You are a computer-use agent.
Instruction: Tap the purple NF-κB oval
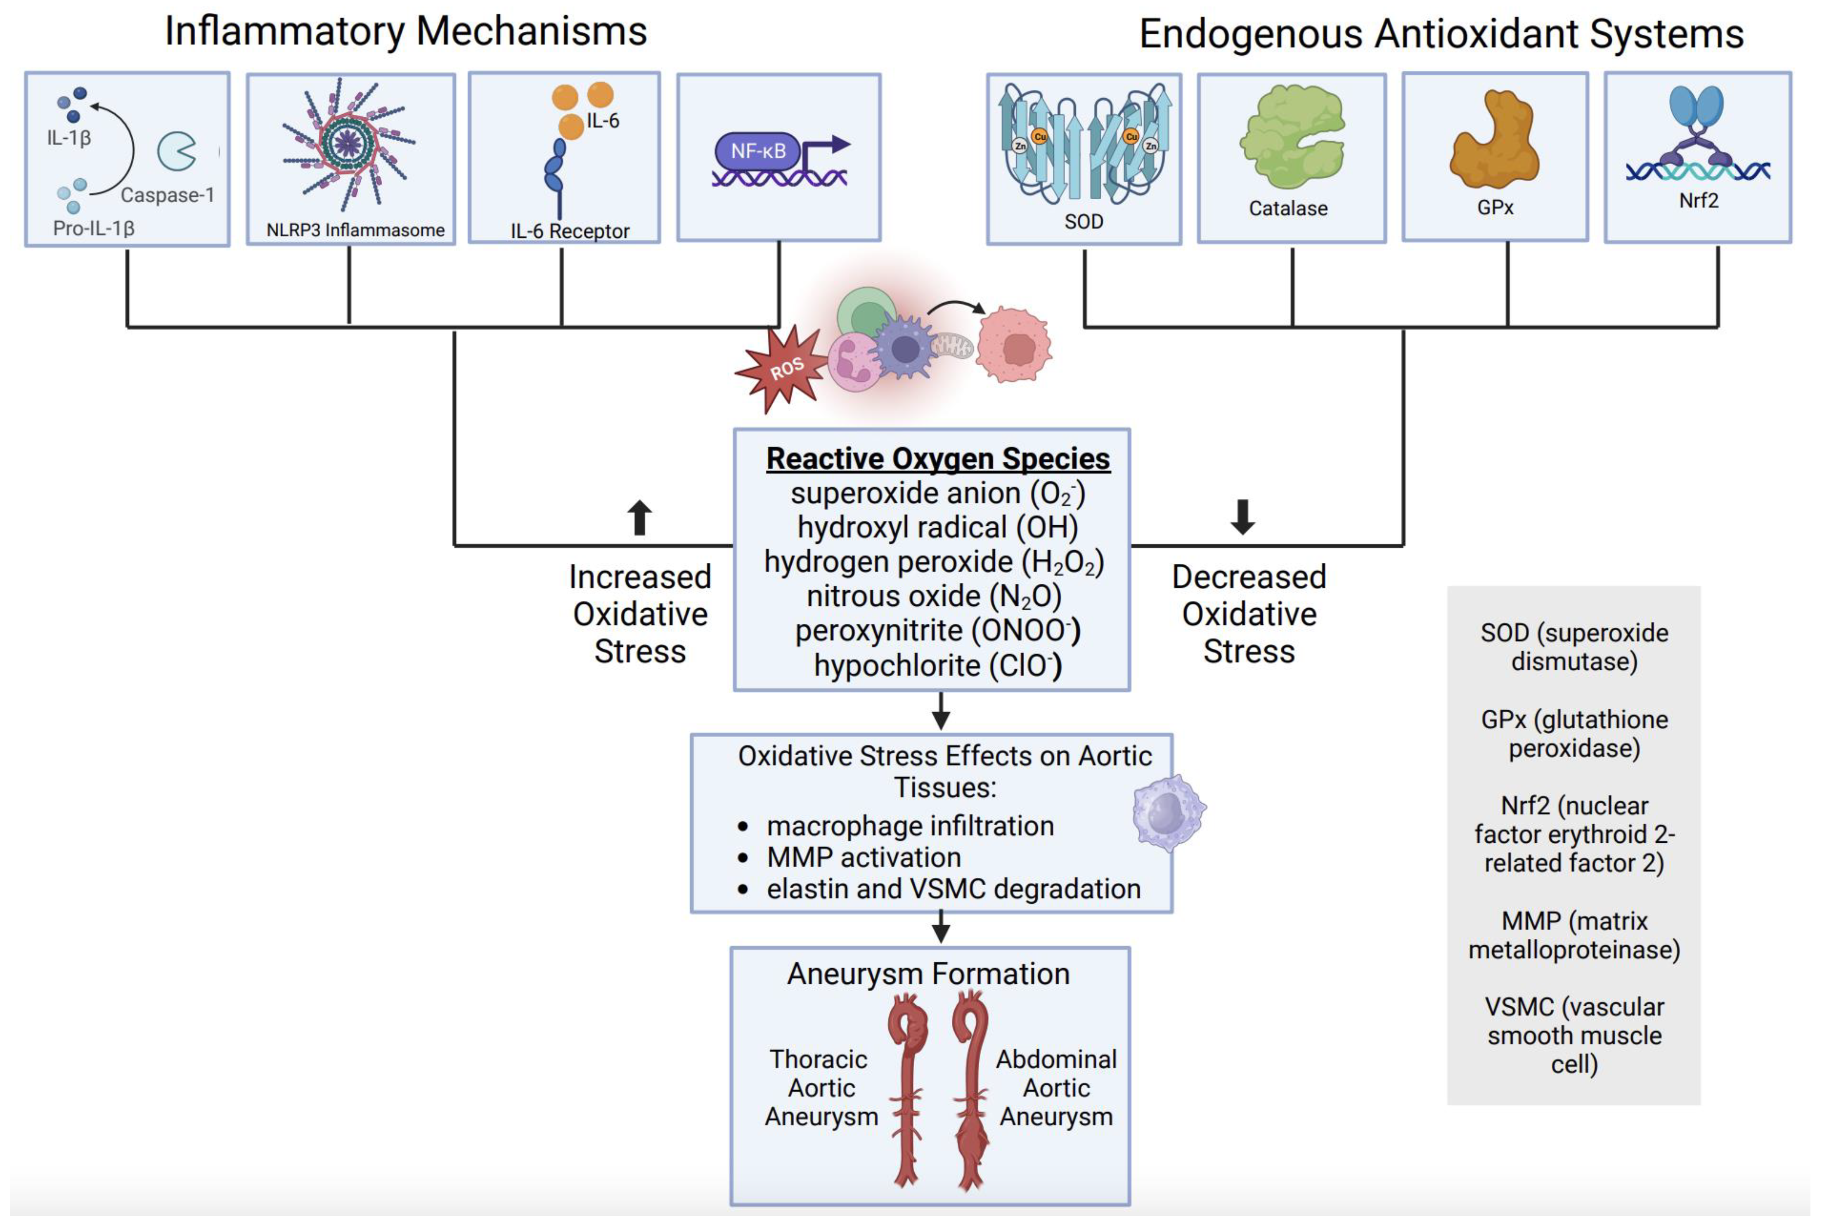(757, 151)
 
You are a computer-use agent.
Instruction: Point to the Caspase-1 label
(167, 195)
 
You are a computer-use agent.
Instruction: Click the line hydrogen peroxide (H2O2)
(934, 562)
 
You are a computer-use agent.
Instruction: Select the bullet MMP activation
(864, 857)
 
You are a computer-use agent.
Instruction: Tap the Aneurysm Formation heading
(928, 974)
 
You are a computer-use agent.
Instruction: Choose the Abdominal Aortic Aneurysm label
(1056, 1087)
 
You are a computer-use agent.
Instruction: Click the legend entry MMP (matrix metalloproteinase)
(1574, 935)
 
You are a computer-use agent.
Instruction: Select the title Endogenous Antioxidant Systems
(1441, 34)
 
